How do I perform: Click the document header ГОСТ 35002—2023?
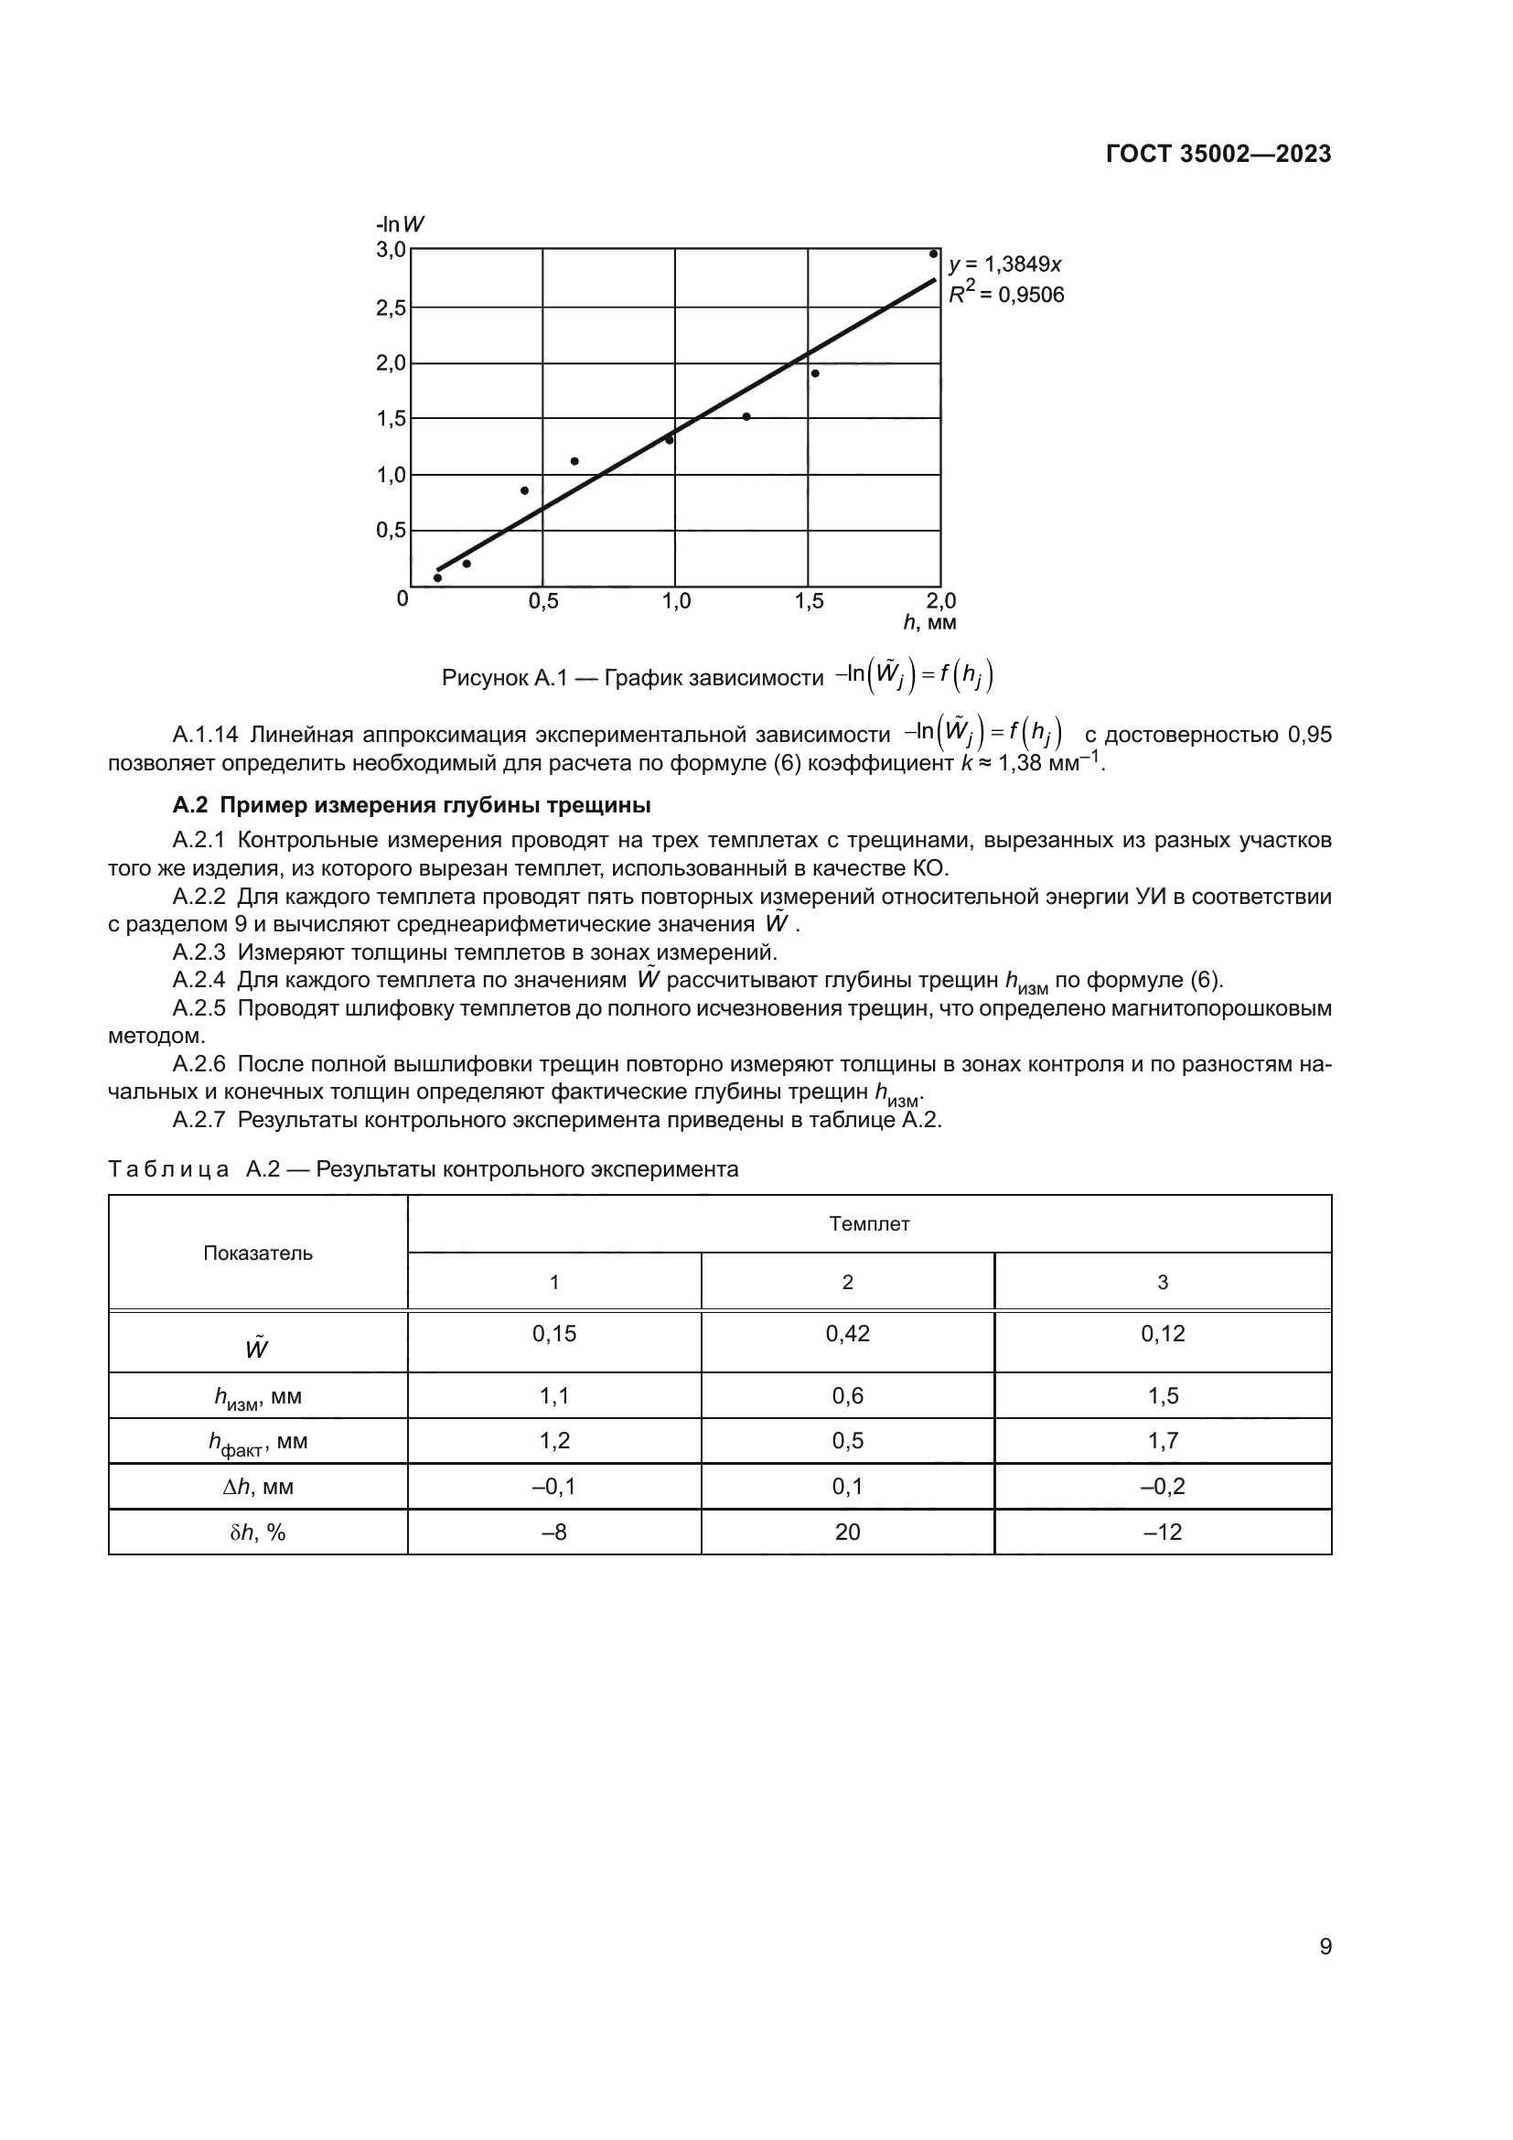(1218, 155)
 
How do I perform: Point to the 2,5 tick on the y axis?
(392, 307)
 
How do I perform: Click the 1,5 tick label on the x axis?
(809, 602)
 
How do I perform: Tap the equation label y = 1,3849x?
(1005, 264)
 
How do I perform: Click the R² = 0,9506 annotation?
(1006, 296)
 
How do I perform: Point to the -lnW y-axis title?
(401, 225)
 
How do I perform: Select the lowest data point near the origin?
(438, 578)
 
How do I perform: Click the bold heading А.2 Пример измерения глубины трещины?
(412, 804)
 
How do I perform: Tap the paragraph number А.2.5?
(199, 1008)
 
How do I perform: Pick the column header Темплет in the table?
(868, 1224)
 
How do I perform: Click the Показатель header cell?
(258, 1253)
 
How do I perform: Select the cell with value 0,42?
(847, 1334)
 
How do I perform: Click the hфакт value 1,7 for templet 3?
(1163, 1441)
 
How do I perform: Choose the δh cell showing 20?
(847, 1532)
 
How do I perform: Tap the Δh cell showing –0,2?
(1163, 1487)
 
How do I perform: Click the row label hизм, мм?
(258, 1397)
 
